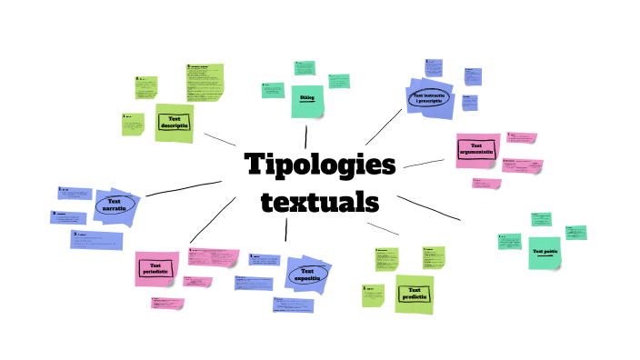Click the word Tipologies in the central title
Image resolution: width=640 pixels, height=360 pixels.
click(x=321, y=166)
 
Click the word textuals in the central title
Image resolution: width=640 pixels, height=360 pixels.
click(x=319, y=201)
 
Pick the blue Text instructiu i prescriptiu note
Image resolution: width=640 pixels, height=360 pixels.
click(x=427, y=98)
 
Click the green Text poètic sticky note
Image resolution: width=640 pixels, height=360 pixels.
click(x=545, y=252)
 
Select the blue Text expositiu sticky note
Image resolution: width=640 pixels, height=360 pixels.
click(x=307, y=273)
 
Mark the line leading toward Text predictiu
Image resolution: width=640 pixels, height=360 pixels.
click(x=382, y=228)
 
